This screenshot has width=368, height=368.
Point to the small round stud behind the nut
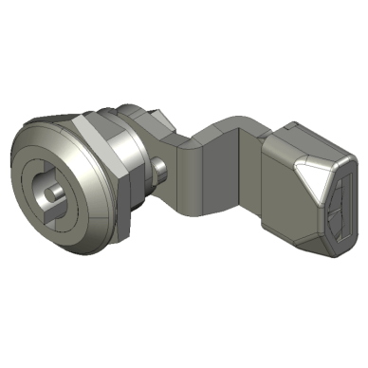(164, 175)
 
